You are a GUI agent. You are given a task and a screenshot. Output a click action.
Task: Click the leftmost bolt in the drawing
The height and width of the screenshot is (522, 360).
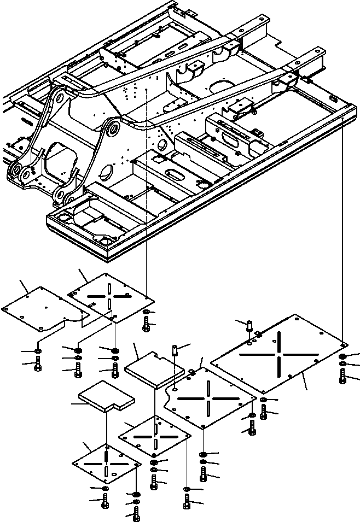[37, 363]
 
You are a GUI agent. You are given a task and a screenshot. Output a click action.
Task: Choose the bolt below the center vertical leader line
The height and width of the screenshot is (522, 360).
[147, 326]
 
